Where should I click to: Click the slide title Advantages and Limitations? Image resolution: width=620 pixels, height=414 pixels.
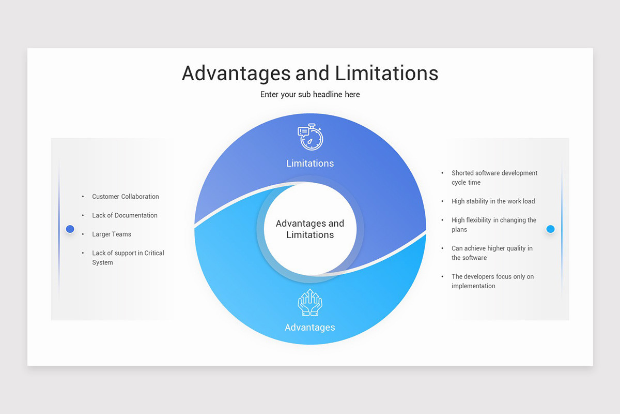click(x=310, y=73)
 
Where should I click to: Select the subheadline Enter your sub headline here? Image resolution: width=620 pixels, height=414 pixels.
click(x=310, y=94)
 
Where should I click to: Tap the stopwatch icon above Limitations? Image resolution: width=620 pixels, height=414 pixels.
click(x=311, y=137)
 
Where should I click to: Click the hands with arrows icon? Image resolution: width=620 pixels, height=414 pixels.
click(x=310, y=302)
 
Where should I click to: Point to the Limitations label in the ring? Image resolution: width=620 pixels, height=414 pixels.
click(x=310, y=164)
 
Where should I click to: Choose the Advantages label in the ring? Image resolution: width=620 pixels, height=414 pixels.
click(x=310, y=328)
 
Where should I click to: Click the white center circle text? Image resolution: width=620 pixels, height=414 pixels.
click(x=310, y=229)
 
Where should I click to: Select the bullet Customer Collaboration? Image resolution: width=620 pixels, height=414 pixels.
click(x=126, y=197)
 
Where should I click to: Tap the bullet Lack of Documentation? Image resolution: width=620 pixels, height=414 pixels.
click(x=125, y=215)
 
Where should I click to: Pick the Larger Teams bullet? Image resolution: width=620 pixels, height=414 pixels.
click(x=112, y=234)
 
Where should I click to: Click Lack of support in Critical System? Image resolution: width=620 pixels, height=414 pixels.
click(x=128, y=258)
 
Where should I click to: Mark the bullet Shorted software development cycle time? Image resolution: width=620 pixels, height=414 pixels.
click(x=494, y=178)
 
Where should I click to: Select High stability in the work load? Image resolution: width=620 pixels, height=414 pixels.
click(x=493, y=201)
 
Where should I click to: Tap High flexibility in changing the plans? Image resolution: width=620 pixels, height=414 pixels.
click(x=494, y=225)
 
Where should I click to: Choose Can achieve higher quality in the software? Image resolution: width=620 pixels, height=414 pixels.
click(x=492, y=253)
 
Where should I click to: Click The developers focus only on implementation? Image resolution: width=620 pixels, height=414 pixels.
click(x=492, y=281)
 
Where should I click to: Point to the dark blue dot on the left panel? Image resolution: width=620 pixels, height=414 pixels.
click(x=70, y=229)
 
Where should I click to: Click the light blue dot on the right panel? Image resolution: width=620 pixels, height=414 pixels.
click(x=550, y=229)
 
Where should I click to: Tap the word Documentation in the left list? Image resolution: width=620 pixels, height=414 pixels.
click(x=136, y=215)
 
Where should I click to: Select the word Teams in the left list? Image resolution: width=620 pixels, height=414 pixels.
click(x=122, y=234)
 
